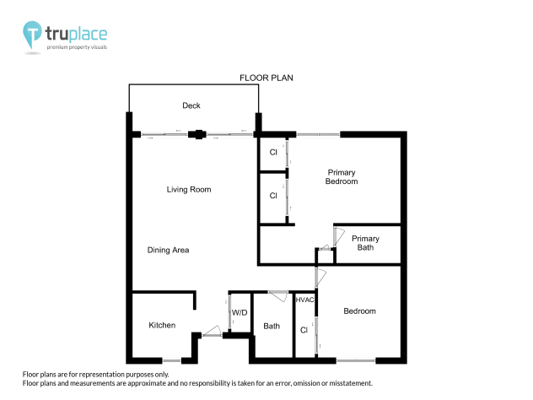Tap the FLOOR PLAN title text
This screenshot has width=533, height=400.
point(266,78)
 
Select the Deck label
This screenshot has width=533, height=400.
point(191,105)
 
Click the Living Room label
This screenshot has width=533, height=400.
point(188,190)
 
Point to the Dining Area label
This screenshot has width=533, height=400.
point(168,250)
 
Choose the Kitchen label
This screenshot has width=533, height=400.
point(162,326)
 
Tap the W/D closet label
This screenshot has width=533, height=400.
point(240,313)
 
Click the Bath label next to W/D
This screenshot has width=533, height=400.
point(272,327)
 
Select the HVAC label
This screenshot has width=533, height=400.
point(304,300)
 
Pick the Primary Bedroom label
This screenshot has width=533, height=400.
point(342,177)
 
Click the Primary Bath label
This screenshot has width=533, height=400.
point(365,243)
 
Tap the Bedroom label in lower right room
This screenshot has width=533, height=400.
point(359,311)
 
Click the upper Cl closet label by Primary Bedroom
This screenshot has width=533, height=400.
point(273,153)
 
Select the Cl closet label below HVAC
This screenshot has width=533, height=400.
point(304,330)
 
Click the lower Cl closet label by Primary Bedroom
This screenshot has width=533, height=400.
point(273,196)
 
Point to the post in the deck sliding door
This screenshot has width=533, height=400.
point(197,133)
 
